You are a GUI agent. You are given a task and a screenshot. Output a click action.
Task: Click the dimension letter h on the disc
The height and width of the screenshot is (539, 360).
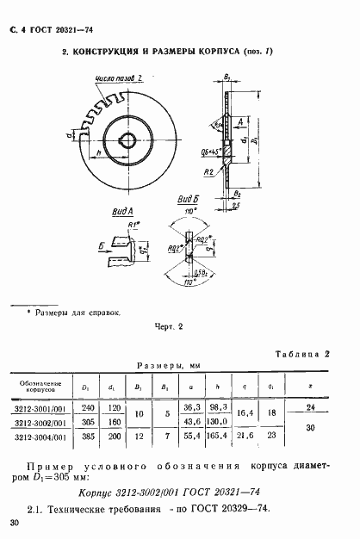(x=100, y=152)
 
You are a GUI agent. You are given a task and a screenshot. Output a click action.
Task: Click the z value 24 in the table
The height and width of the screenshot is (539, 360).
(x=311, y=407)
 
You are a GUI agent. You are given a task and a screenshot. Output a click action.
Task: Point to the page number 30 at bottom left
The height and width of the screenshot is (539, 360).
(x=13, y=523)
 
